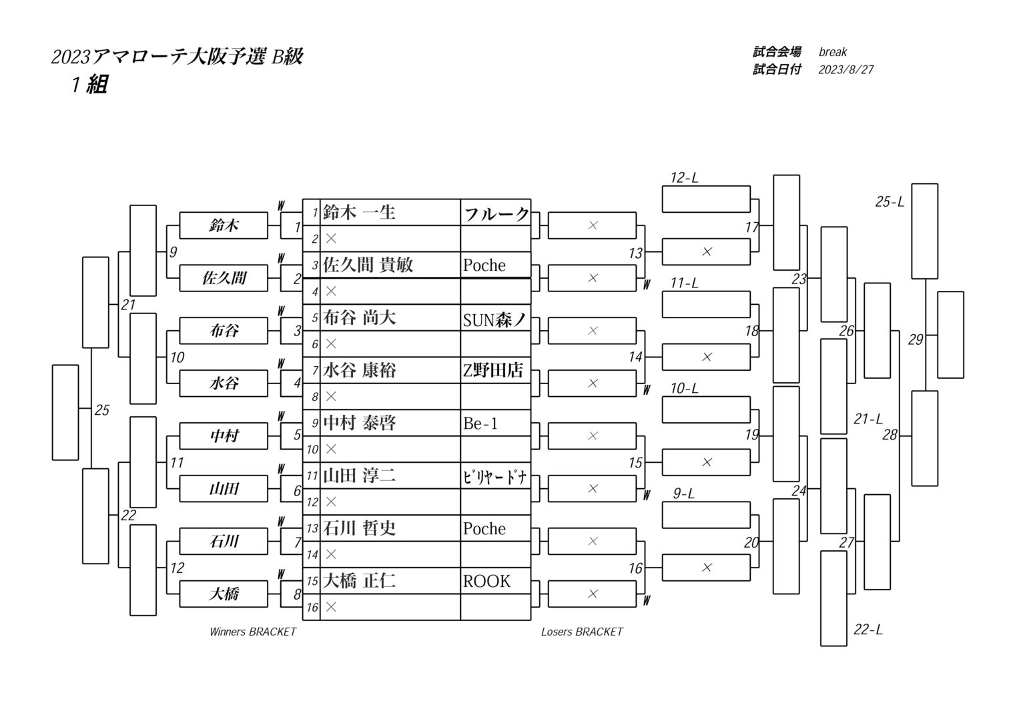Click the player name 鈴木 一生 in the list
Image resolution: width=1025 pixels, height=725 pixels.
tap(359, 213)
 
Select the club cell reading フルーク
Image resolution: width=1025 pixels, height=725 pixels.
tap(496, 214)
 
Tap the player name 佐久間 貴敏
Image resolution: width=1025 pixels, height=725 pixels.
tap(368, 265)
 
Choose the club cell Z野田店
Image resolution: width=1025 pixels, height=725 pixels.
tap(493, 371)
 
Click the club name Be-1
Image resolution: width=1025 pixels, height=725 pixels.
tap(480, 424)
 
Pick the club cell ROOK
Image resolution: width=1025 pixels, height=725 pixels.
tap(486, 581)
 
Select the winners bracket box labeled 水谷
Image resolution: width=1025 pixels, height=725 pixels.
tap(224, 384)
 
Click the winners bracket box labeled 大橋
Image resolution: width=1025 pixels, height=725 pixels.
tap(224, 594)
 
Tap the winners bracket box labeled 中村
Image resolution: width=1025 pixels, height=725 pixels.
tap(224, 436)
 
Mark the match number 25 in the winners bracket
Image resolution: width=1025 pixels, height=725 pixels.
tap(101, 410)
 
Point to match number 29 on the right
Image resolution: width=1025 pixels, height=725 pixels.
tap(916, 340)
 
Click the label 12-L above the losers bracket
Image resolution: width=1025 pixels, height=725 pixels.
tap(684, 178)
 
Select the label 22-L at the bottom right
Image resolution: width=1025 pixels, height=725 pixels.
tap(868, 630)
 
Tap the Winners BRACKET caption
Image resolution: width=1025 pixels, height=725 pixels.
tap(252, 632)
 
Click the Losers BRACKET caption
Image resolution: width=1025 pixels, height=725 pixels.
tap(582, 632)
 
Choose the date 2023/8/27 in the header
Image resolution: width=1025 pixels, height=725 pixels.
tap(845, 69)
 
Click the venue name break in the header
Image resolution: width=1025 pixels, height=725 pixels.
tap(833, 52)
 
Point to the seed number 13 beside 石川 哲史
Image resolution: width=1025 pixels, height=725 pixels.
tap(312, 528)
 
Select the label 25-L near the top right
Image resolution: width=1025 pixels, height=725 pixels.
tap(890, 201)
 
